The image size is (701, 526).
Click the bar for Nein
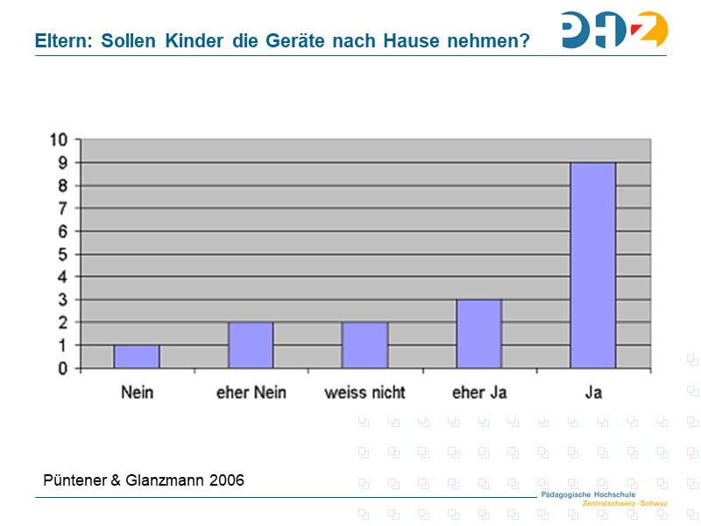[137, 356]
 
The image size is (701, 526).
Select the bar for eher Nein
[251, 345]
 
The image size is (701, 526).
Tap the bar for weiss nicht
[365, 345]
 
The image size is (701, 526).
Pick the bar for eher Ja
[478, 334]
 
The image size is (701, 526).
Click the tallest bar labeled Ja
[593, 265]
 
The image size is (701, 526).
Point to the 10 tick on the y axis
[58, 139]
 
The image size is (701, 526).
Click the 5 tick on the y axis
[62, 254]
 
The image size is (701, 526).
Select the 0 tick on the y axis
[62, 369]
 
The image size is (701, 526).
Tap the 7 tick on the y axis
[62, 209]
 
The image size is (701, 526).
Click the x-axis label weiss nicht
[365, 392]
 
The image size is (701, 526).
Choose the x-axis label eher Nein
[251, 392]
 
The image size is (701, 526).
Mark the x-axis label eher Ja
[478, 392]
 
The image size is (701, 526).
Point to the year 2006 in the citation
[226, 480]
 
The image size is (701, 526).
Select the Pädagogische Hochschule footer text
[588, 495]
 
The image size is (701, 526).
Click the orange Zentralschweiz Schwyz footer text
[625, 504]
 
